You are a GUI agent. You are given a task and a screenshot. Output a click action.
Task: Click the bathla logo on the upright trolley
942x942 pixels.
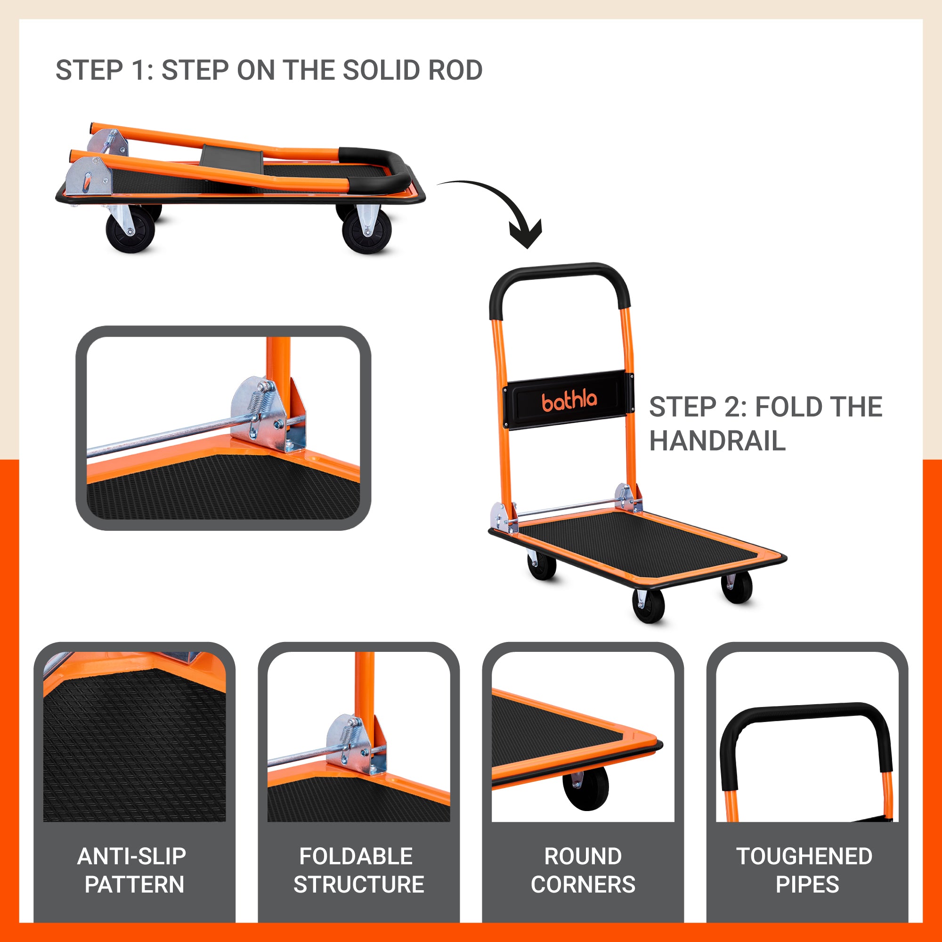pos(569,400)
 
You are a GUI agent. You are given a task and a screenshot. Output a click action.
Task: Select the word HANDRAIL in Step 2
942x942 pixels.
pos(717,441)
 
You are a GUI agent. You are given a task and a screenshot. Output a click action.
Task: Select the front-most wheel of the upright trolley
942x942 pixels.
pos(648,606)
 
